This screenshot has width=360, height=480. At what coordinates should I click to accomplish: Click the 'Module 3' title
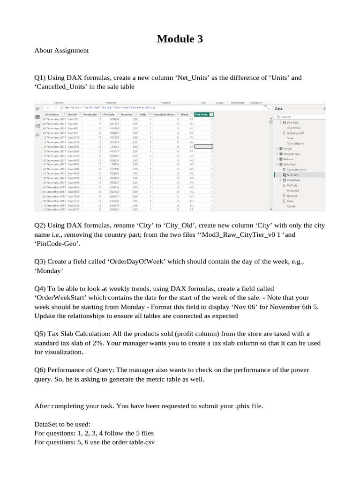[180, 39]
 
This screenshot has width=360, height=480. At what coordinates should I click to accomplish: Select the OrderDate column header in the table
[52, 114]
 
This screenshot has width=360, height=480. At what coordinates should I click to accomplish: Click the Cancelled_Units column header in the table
[164, 114]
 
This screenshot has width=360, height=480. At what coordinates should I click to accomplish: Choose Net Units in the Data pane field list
[293, 175]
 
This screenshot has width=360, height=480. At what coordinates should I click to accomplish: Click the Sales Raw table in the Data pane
[289, 165]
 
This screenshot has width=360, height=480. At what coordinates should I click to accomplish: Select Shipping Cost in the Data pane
[295, 133]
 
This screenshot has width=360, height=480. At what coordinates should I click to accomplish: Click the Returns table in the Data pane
[289, 159]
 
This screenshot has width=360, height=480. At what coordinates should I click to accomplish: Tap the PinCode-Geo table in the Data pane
[292, 154]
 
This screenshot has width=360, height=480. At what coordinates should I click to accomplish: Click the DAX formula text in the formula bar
[112, 107]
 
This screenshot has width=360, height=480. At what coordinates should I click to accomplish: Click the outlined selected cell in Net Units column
[203, 146]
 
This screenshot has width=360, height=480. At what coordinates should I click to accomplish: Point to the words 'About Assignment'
[61, 50]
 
